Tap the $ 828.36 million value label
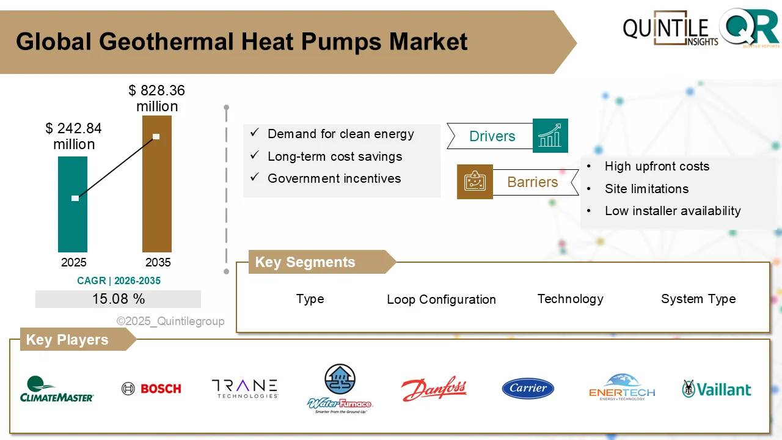(156, 98)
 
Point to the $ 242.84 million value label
(74, 136)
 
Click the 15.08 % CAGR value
(119, 299)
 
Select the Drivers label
(492, 136)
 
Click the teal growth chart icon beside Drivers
(550, 136)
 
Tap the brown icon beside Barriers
(475, 182)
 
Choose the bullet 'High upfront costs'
(657, 166)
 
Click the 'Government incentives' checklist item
(334, 178)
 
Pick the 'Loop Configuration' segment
(441, 299)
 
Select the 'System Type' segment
(698, 299)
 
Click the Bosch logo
(152, 389)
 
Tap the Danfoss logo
(434, 389)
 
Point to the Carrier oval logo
(528, 389)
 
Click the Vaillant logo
(717, 389)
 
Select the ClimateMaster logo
(57, 389)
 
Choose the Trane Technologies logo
(244, 389)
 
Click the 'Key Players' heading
(67, 340)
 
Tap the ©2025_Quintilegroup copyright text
(170, 321)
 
